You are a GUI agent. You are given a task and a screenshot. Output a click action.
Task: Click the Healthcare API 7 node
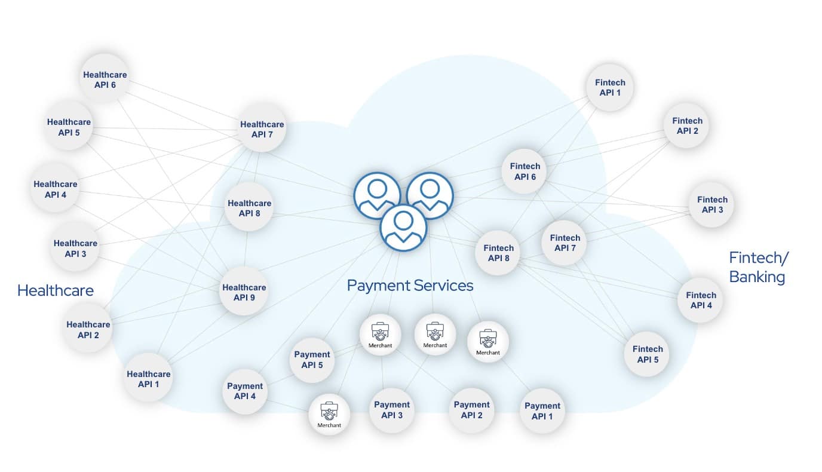(x=262, y=130)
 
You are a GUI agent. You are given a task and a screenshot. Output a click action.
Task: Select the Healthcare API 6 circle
(x=105, y=79)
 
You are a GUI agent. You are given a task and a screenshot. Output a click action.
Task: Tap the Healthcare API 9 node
(x=244, y=292)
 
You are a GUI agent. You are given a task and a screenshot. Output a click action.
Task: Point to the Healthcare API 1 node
(x=149, y=379)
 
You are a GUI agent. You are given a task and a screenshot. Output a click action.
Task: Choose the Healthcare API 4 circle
(x=56, y=189)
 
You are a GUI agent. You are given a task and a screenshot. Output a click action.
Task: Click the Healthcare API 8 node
(x=249, y=208)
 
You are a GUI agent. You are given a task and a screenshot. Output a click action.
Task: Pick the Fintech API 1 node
(x=610, y=87)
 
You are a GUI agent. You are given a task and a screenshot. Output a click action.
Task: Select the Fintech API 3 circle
(x=712, y=204)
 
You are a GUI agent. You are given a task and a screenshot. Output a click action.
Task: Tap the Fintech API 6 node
(x=525, y=171)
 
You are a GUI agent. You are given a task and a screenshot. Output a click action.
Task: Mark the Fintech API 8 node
(x=499, y=253)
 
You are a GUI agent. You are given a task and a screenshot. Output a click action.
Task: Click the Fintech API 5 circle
(x=648, y=354)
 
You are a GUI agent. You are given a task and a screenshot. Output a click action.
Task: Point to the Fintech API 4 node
(x=701, y=300)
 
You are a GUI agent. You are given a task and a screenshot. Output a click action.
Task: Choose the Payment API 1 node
(x=542, y=410)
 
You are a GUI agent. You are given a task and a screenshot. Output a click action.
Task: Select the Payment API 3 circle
(x=392, y=409)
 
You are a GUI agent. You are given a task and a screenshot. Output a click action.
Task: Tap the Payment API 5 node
(x=312, y=360)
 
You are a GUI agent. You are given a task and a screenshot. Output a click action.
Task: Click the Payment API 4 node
(x=245, y=391)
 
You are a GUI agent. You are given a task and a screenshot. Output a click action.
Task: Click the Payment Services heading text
(x=410, y=286)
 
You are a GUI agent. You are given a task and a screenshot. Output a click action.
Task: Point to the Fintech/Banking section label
(x=758, y=267)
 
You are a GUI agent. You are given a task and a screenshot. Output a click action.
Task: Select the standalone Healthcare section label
(x=56, y=290)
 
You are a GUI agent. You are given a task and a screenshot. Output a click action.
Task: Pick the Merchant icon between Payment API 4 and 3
(x=329, y=415)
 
